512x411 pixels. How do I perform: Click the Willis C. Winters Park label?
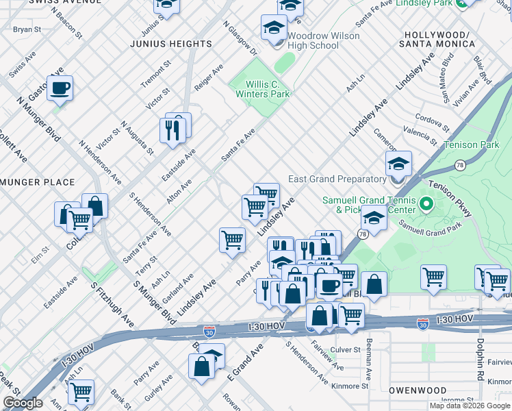262,88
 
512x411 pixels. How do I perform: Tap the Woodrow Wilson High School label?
313,40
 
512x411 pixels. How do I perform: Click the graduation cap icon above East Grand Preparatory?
398,164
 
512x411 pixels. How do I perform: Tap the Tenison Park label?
471,145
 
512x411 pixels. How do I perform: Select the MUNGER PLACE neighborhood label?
38,182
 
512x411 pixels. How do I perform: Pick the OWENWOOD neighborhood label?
418,390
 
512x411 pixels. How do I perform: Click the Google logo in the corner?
23,403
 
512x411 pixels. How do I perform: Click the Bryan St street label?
27,29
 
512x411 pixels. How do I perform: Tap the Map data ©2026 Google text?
470,406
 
